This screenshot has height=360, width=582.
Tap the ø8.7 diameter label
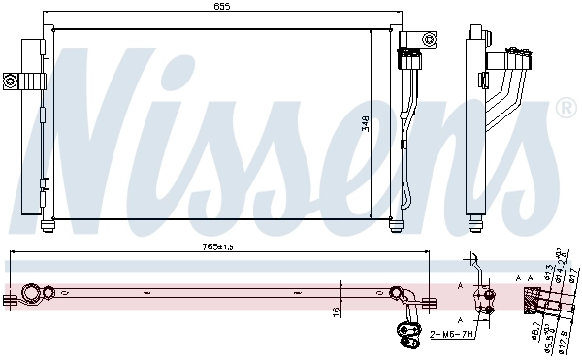click(533, 334)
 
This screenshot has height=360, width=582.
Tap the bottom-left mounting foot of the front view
click(48, 228)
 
